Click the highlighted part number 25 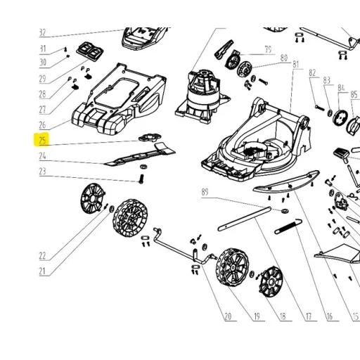(42, 141)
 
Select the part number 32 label (42, 32)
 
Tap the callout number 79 (268, 49)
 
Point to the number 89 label (205, 192)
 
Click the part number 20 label (228, 316)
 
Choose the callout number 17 (309, 316)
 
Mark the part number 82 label (312, 73)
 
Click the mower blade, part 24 (140, 154)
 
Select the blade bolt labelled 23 (141, 179)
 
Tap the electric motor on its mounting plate (203, 96)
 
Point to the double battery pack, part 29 (90, 51)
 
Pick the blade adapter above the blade (150, 137)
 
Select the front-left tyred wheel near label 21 (130, 218)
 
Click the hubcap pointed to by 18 (271, 282)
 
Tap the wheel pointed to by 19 (233, 267)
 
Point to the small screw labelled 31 (66, 49)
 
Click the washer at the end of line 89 (285, 211)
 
